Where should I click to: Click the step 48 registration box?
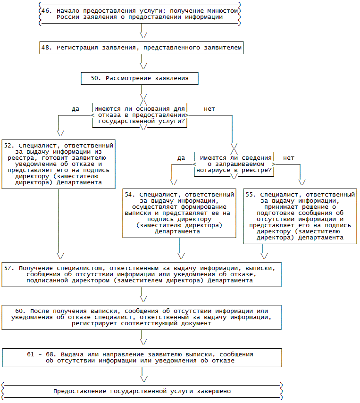(x=142, y=48)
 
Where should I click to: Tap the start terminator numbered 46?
(x=140, y=14)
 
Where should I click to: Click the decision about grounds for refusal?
(x=140, y=115)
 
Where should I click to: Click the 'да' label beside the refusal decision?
(x=75, y=109)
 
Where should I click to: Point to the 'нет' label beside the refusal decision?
(x=209, y=109)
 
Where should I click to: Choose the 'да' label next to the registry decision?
(x=181, y=158)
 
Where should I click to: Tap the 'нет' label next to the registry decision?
(x=289, y=158)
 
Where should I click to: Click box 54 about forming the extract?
(x=179, y=213)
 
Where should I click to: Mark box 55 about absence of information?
(x=300, y=216)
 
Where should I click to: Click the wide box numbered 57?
(x=141, y=274)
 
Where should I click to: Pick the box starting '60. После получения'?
(x=141, y=318)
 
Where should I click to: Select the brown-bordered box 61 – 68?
(x=141, y=357)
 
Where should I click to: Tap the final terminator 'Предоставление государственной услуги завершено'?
(x=142, y=391)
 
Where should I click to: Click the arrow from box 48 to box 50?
(x=142, y=63)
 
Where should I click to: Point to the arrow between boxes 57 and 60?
(x=142, y=296)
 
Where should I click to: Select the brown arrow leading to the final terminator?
(x=142, y=374)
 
